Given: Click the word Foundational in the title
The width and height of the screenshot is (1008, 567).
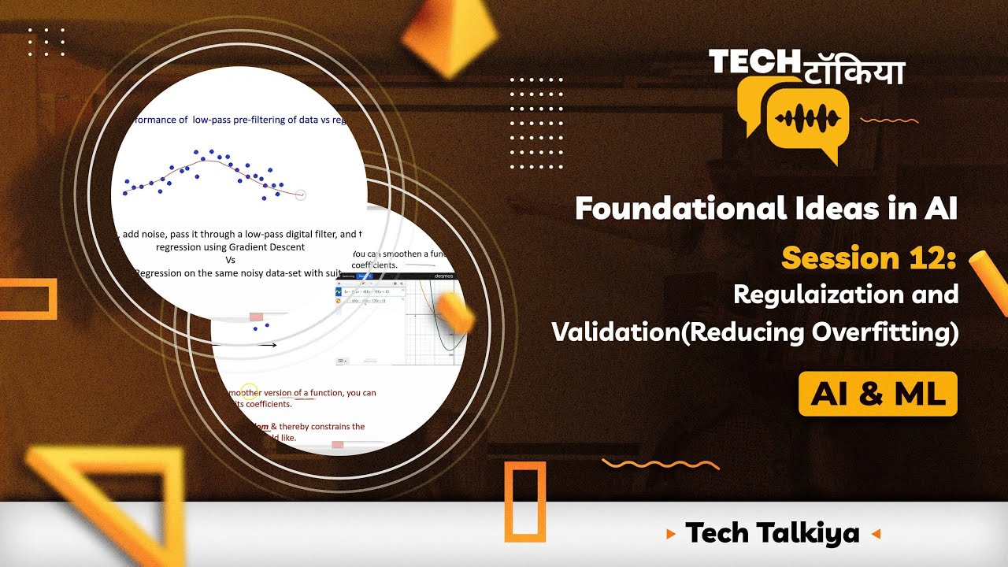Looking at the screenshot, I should pyautogui.click(x=675, y=209).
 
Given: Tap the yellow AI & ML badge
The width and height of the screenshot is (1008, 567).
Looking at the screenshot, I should pyautogui.click(x=877, y=394).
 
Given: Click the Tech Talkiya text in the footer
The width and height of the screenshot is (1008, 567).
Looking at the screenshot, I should pyautogui.click(x=772, y=533).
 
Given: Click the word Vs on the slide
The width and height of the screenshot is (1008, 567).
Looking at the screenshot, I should pyautogui.click(x=231, y=260).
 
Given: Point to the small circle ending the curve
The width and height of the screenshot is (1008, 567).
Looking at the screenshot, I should pyautogui.click(x=300, y=195).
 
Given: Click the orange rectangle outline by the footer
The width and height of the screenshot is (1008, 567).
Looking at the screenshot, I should pyautogui.click(x=524, y=502).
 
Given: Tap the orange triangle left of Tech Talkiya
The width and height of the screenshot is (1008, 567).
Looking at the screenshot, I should pyautogui.click(x=671, y=534).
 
